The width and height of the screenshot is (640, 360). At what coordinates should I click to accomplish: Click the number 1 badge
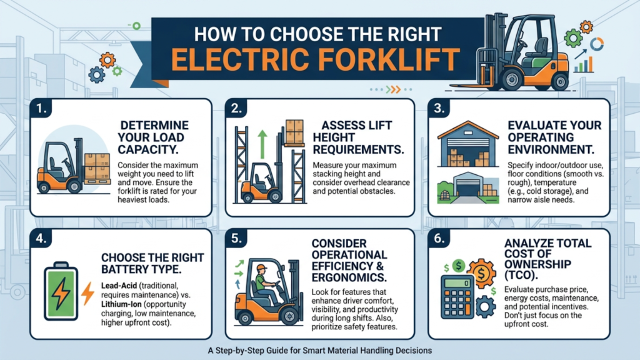[41, 109]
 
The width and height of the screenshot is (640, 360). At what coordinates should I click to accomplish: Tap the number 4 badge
[41, 238]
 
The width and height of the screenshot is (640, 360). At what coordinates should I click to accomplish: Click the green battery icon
[61, 291]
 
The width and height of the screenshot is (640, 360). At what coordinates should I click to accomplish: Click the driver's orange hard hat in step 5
[262, 267]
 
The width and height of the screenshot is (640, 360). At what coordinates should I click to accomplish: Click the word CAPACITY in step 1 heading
[148, 150]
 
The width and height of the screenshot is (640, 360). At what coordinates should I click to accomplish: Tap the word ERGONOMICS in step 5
[349, 277]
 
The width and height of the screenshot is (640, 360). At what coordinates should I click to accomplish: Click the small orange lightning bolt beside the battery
[87, 293]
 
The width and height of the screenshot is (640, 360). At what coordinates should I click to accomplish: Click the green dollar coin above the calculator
[459, 266]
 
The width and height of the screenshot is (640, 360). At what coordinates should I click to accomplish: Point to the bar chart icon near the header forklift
[584, 66]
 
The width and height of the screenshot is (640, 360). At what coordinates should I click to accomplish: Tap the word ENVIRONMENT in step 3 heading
[551, 150]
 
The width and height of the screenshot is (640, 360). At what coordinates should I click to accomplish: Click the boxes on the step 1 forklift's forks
[97, 166]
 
